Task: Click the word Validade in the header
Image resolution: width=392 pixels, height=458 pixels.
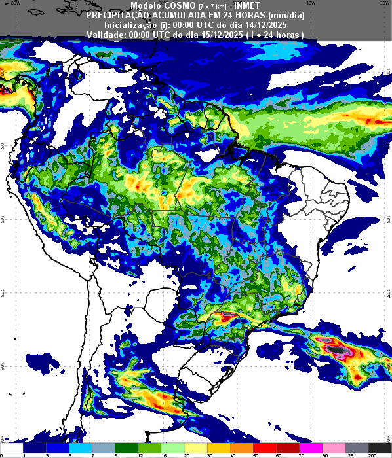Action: [106, 34]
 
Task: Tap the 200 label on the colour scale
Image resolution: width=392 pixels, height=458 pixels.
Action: [372, 454]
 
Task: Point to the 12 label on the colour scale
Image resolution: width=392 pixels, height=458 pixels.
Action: [139, 454]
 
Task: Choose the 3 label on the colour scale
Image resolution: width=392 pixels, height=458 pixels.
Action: [47, 454]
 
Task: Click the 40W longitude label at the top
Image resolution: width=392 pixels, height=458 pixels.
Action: [311, 3]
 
